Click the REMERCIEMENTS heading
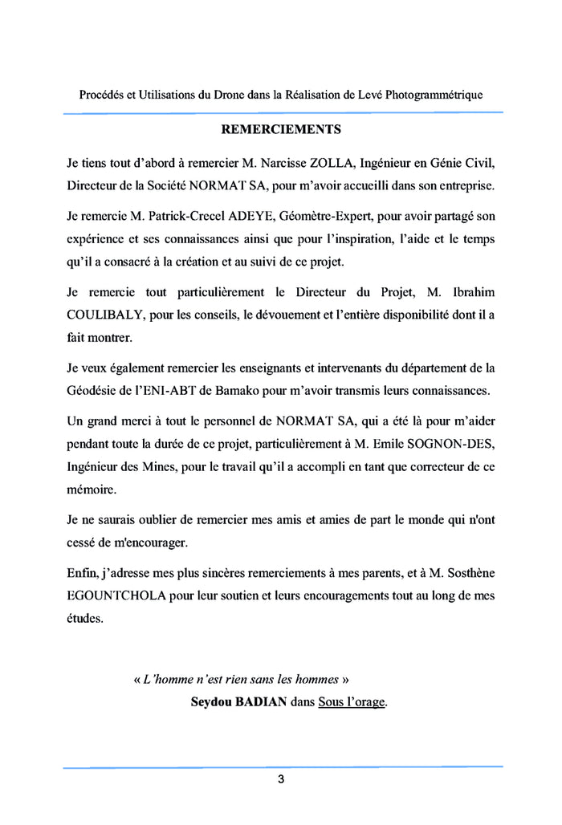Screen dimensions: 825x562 [281, 128]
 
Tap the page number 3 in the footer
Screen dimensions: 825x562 [281, 779]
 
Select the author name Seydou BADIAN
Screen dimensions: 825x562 [238, 702]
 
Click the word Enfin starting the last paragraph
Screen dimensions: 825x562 [82, 575]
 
